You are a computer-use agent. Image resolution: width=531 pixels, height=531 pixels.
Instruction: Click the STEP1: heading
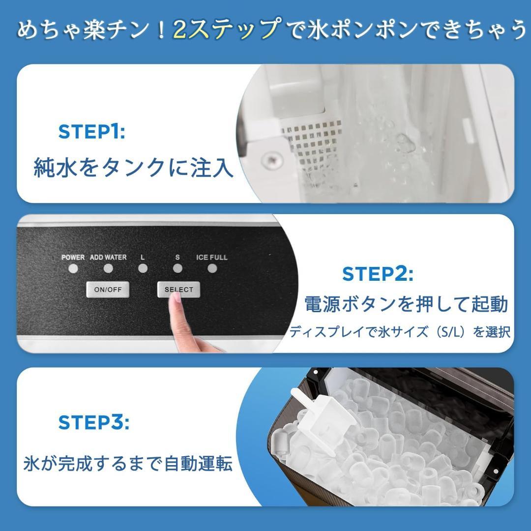pos(91,132)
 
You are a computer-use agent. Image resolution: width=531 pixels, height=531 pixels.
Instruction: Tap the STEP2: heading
pos(378,274)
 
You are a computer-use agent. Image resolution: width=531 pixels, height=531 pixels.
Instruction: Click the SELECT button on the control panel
pos(178,290)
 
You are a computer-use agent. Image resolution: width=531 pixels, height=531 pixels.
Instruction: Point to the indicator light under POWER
pos(74,269)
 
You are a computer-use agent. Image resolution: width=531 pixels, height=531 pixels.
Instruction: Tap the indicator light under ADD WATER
pos(108,269)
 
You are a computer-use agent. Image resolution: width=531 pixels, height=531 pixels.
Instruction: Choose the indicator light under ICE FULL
pos(212,269)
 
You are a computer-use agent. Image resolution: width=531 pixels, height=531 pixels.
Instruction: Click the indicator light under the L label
pos(143,269)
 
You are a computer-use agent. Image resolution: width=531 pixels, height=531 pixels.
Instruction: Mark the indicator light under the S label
pos(177,269)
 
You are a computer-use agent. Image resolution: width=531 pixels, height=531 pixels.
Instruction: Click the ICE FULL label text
pos(212,257)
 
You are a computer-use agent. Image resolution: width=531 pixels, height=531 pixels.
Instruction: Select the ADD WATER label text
pos(108,257)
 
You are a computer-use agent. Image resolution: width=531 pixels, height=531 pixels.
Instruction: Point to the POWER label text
pos(73,257)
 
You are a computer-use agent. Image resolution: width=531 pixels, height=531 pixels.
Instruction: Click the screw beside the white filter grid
pos(269,159)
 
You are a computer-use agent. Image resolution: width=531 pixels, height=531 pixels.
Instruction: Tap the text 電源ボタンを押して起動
pos(406,304)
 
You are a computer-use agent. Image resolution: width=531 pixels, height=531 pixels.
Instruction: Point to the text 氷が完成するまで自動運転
pos(128,464)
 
